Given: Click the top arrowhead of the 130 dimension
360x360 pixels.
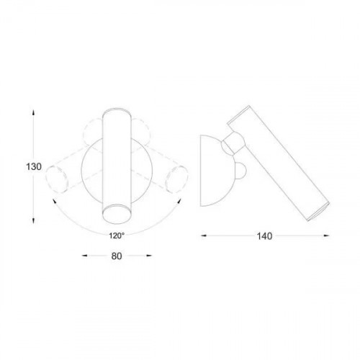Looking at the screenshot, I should pyautogui.click(x=34, y=112).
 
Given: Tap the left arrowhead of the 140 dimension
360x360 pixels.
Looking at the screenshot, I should pyautogui.click(x=202, y=234).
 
